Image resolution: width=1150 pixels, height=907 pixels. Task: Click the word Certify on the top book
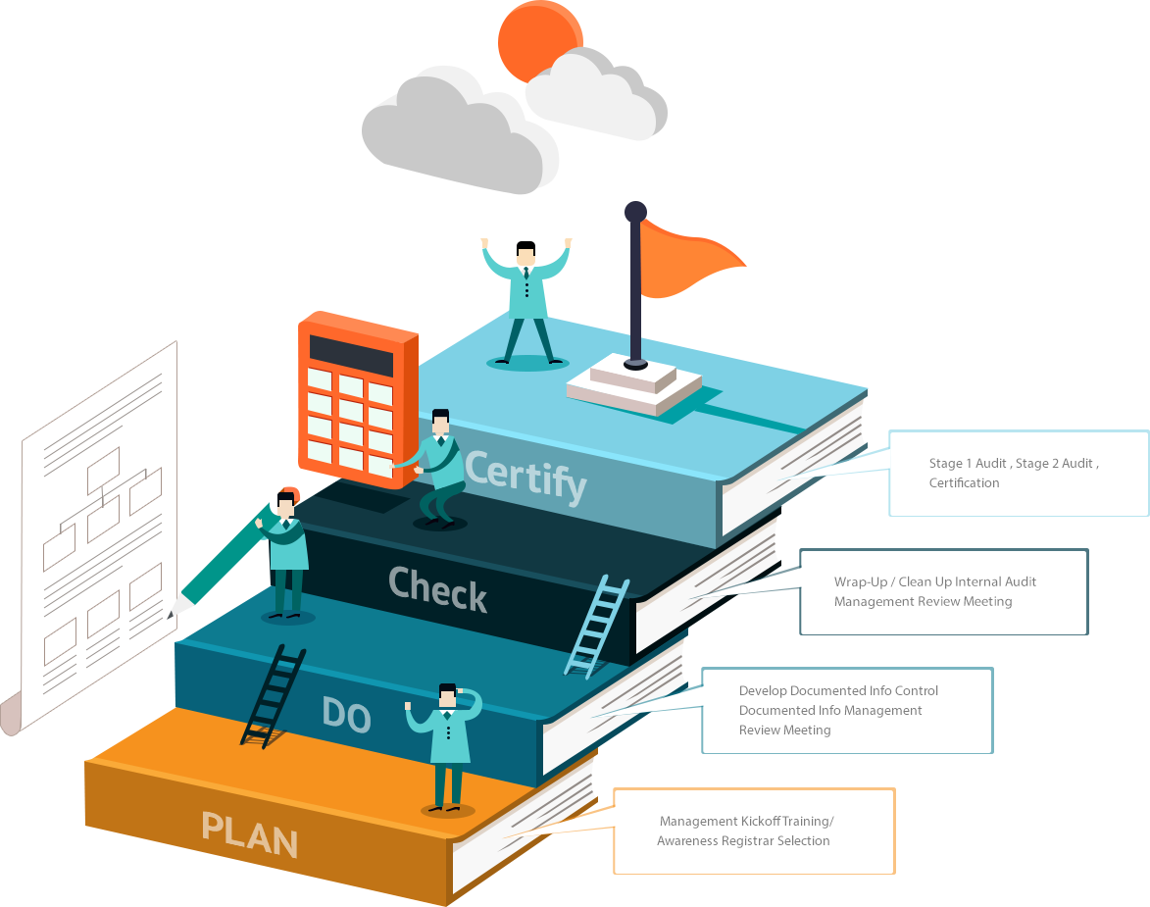click(x=525, y=477)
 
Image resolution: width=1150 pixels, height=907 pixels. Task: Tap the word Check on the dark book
click(x=437, y=589)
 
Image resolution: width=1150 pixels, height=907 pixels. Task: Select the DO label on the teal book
click(x=346, y=714)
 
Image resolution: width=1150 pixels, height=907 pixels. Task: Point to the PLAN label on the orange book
click(x=249, y=834)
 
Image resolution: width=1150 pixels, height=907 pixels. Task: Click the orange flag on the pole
click(x=694, y=262)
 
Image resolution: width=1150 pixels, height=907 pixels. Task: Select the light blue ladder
click(x=597, y=627)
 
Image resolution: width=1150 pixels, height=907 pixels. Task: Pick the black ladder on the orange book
click(x=274, y=695)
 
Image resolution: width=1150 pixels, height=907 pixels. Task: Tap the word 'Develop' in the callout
click(x=763, y=690)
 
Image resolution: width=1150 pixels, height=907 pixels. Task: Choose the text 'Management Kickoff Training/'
click(x=746, y=821)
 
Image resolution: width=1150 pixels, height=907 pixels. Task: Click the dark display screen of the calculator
click(x=351, y=354)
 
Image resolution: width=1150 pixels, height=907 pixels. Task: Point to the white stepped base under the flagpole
click(x=633, y=383)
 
